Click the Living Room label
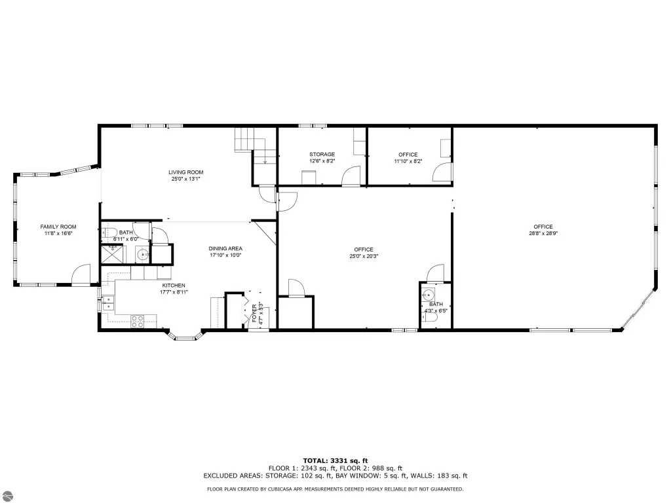185,172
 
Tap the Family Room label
58,227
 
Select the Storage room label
322,155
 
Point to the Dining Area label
225,248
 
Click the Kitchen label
174,286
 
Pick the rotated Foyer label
254,314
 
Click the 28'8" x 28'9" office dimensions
543,234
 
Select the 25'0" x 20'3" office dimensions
364,256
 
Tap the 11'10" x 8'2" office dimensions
408,161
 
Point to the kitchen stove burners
138,321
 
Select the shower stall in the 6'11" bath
112,254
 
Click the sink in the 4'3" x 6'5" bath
428,295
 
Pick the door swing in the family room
81,274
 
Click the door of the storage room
351,176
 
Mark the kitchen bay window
185,335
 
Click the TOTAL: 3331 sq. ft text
335,460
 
